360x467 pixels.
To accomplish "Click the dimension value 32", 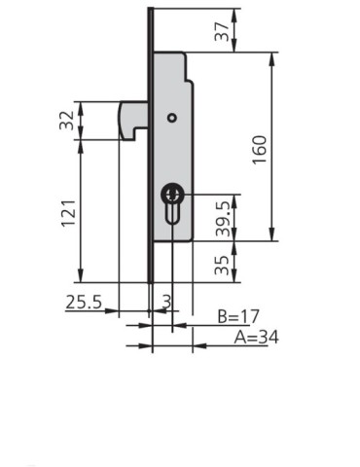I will click(66, 121).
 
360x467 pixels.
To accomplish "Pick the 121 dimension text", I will click(66, 212).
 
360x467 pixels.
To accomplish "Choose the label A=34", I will click(254, 338).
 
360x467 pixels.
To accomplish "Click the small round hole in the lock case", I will click(171, 119).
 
